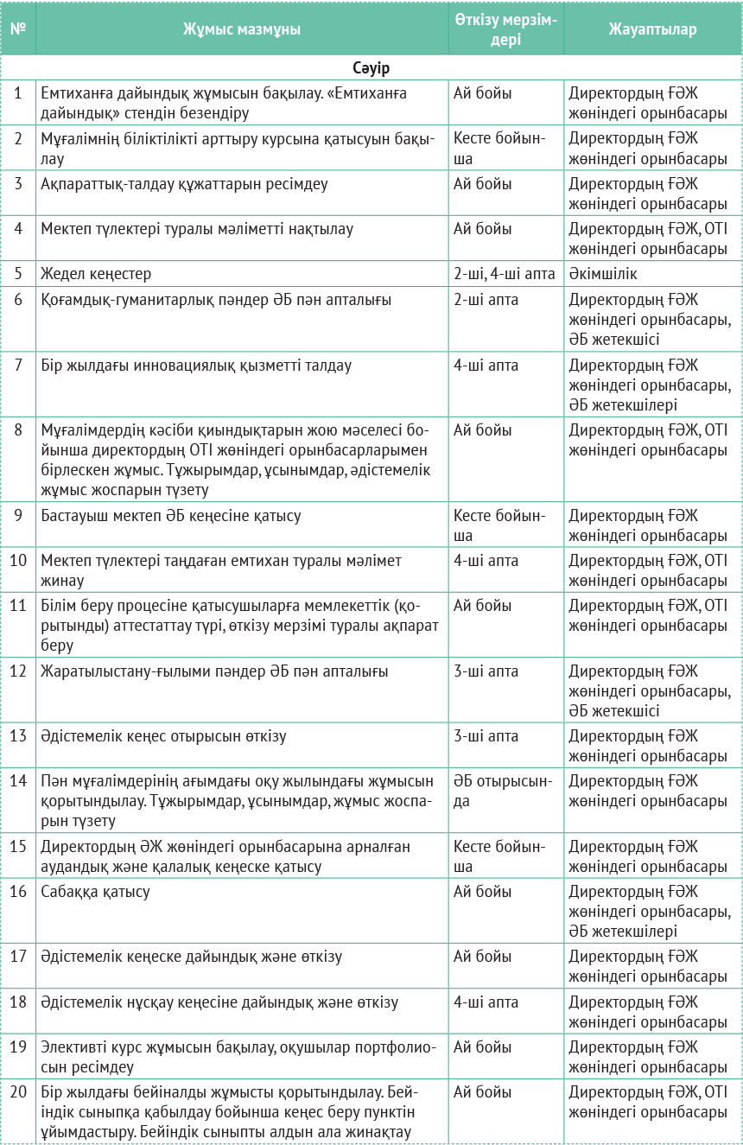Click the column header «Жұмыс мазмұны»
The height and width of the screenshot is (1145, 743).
241,29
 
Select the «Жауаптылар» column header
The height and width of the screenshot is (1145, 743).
652,29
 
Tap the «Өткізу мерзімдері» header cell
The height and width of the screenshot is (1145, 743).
505,29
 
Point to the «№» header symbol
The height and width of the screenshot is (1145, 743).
18,29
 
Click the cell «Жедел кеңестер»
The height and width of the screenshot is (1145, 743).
96,274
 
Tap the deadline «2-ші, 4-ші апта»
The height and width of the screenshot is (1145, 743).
504,274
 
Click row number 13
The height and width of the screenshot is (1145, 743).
18,736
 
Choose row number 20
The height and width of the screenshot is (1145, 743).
18,1092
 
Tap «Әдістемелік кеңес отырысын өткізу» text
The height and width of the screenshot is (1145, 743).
163,736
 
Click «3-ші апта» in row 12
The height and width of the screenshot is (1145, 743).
486,671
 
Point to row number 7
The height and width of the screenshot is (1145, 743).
18,366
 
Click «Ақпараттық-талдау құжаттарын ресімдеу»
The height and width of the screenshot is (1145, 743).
184,184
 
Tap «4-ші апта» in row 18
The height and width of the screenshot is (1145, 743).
486,1002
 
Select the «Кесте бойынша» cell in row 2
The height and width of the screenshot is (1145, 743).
499,149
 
